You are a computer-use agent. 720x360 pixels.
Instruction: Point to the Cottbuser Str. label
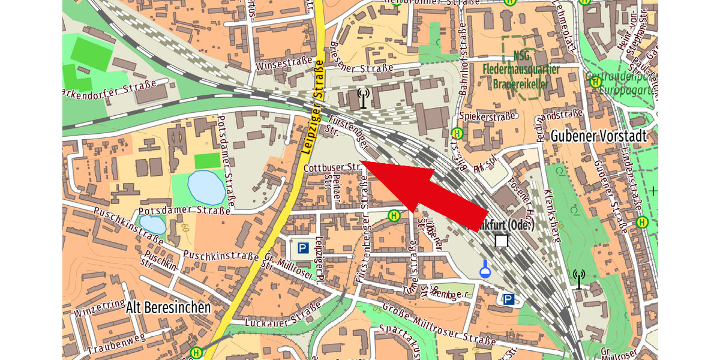[x=331, y=167]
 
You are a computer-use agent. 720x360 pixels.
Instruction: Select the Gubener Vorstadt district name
[x=599, y=136]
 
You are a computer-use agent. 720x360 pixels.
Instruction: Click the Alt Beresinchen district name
[x=169, y=308]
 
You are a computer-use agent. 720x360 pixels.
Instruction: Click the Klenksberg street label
[x=551, y=215]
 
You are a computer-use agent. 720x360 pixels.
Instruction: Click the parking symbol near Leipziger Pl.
[x=303, y=248]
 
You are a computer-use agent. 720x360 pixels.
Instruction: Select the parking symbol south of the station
[x=509, y=299]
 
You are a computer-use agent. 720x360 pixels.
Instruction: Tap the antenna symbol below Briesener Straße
[x=363, y=98]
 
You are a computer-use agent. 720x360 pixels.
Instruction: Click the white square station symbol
[x=502, y=241]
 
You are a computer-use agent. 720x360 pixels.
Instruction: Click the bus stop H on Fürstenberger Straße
[x=394, y=215]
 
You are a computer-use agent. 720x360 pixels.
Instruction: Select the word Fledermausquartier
[x=521, y=69]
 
